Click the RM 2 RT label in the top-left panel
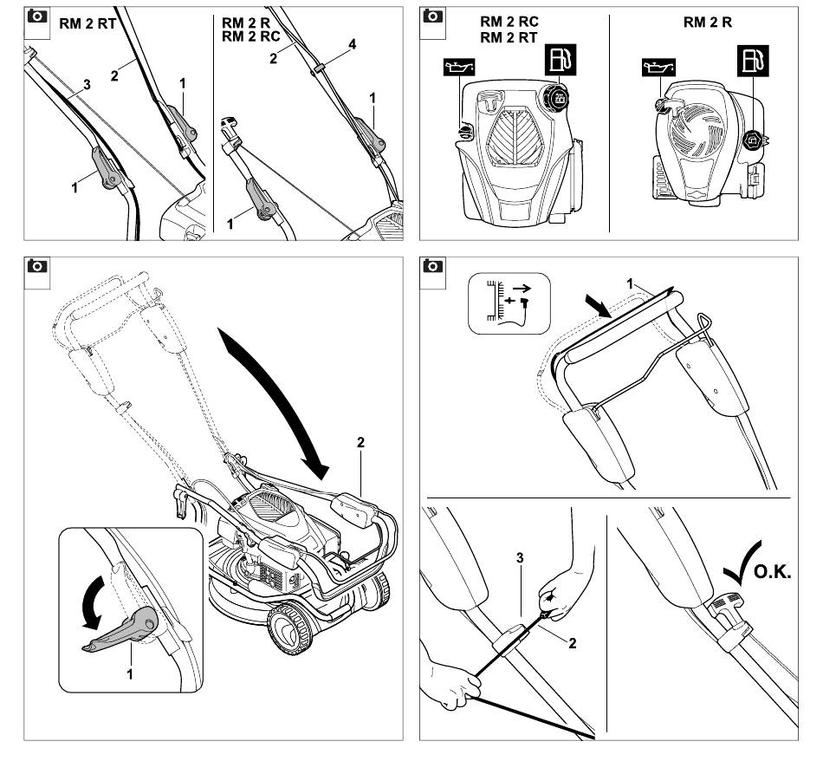click(x=87, y=23)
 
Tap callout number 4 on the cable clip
click(x=353, y=44)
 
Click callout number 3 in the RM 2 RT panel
click(x=87, y=84)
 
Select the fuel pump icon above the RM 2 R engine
click(x=753, y=61)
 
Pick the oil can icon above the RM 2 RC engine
click(x=459, y=68)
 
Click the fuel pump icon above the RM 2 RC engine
click(x=561, y=60)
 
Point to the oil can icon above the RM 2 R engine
click(x=658, y=68)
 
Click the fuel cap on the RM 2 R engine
click(x=753, y=140)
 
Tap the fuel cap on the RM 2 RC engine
click(x=554, y=96)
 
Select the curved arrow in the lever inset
click(x=96, y=602)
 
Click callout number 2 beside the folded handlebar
click(x=360, y=443)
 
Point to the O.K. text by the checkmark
click(x=772, y=572)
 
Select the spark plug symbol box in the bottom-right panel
click(x=509, y=303)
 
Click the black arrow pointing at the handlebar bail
click(x=598, y=306)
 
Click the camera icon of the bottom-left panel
click(x=36, y=266)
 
